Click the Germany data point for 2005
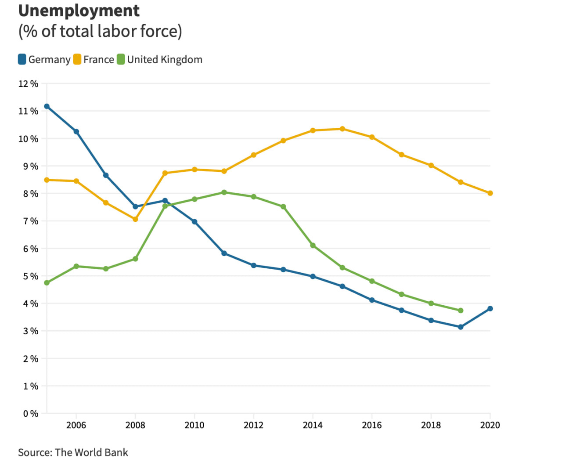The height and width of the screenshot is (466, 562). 47,106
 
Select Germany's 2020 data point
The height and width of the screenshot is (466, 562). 490,309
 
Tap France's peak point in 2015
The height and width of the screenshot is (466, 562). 342,129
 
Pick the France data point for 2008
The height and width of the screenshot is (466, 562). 135,219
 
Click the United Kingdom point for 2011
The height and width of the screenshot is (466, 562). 224,192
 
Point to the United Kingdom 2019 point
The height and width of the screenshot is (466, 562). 461,311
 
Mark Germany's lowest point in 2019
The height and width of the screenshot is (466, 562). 461,327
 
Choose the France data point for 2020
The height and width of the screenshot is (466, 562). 490,193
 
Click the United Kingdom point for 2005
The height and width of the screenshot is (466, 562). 47,283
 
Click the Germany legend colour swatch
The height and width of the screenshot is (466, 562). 22,59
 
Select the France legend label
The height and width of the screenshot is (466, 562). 99,60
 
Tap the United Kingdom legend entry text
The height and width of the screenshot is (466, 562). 165,60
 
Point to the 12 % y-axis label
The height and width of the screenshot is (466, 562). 28,84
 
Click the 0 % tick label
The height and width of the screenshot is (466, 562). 31,414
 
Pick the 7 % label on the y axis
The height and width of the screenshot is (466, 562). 31,221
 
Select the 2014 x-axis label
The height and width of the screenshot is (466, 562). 313,425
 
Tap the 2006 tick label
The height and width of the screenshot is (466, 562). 76,425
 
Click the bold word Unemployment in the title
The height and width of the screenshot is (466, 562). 79,11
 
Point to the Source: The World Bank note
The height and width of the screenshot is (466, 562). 73,452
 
